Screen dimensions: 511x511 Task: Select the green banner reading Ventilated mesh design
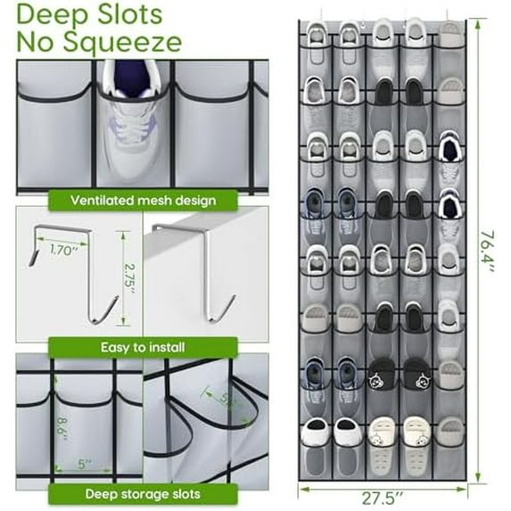point(143,201)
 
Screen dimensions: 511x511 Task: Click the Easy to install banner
point(143,347)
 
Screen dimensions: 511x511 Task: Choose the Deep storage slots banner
point(143,493)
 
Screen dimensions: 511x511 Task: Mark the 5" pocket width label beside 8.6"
point(83,464)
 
